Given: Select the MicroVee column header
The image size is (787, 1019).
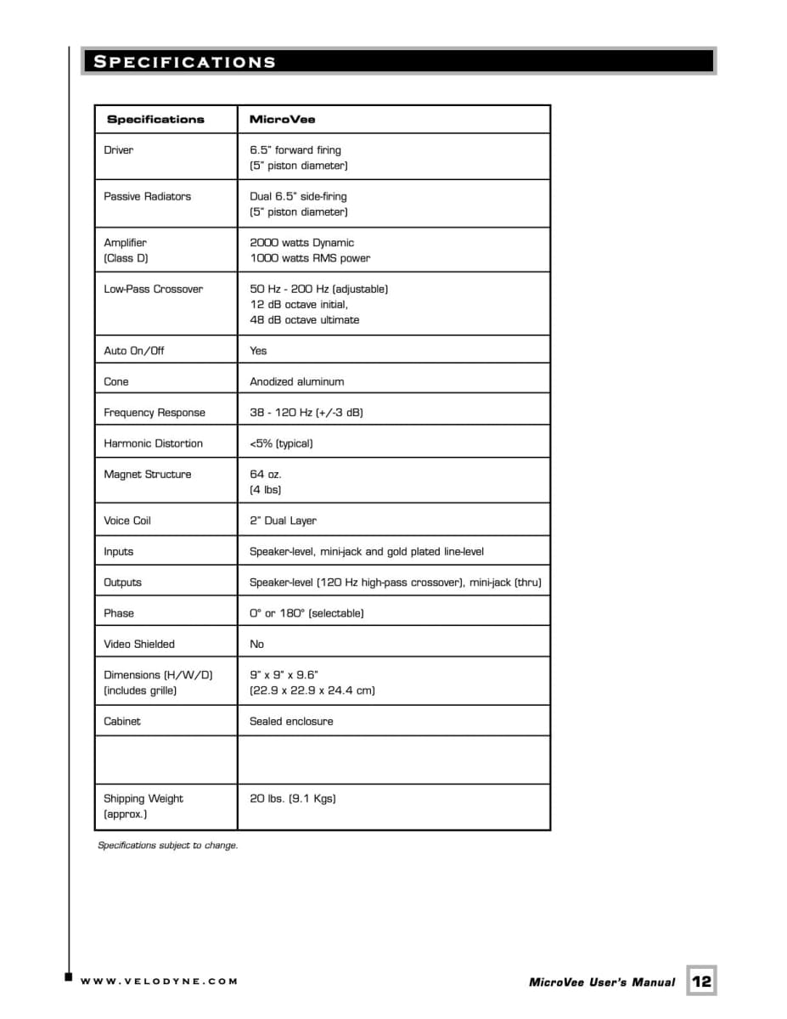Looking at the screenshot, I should coord(282,120).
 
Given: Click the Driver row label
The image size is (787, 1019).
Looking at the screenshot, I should coord(119,150).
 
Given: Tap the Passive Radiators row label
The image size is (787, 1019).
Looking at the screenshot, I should coord(147,196).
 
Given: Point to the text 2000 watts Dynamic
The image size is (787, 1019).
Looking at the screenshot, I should coord(301,243).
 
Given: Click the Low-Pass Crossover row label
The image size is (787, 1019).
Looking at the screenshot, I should coord(153,290).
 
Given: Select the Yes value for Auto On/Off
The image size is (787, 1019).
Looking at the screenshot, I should coord(258,351).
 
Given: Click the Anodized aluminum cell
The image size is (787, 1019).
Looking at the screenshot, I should coord(296,382).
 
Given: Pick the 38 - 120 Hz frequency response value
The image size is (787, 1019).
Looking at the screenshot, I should coord(306,413).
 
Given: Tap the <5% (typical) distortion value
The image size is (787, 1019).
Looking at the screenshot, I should coord(281,443).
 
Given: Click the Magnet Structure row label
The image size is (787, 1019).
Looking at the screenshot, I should coord(147,475).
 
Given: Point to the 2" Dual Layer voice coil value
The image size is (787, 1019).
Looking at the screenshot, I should coord(283,521).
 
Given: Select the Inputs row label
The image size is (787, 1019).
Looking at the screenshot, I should coord(119,552).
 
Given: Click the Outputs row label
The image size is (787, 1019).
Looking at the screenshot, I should coord(122,583).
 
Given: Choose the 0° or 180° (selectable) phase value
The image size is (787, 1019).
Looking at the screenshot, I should coord(306,613).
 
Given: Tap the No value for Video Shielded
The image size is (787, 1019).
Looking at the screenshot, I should coord(256,645).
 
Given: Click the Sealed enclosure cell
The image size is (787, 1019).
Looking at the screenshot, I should coord(291,722).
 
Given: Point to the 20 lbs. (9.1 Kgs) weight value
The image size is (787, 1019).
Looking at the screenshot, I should coord(292,799).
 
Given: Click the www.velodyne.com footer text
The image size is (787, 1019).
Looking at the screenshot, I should coord(159,982).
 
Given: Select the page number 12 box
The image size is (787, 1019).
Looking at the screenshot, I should coord(701,981).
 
